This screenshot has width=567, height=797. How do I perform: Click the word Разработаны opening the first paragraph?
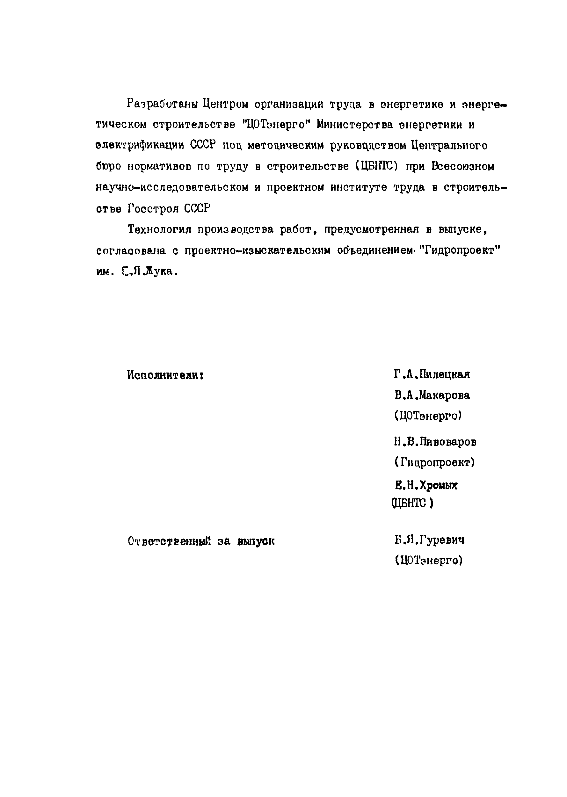tap(162, 104)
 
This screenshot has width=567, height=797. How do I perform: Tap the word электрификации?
tap(140, 146)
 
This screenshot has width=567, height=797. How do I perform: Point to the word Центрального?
tap(449, 146)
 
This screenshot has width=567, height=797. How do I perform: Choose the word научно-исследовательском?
tap(171, 187)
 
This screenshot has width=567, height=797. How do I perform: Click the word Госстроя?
tap(152, 209)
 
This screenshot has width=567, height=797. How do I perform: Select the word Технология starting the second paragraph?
tap(160, 230)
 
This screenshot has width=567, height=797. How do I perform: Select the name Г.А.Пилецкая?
tap(432, 374)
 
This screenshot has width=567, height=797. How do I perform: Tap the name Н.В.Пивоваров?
tap(435, 442)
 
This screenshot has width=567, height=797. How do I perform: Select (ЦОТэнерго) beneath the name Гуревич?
tap(429, 560)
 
